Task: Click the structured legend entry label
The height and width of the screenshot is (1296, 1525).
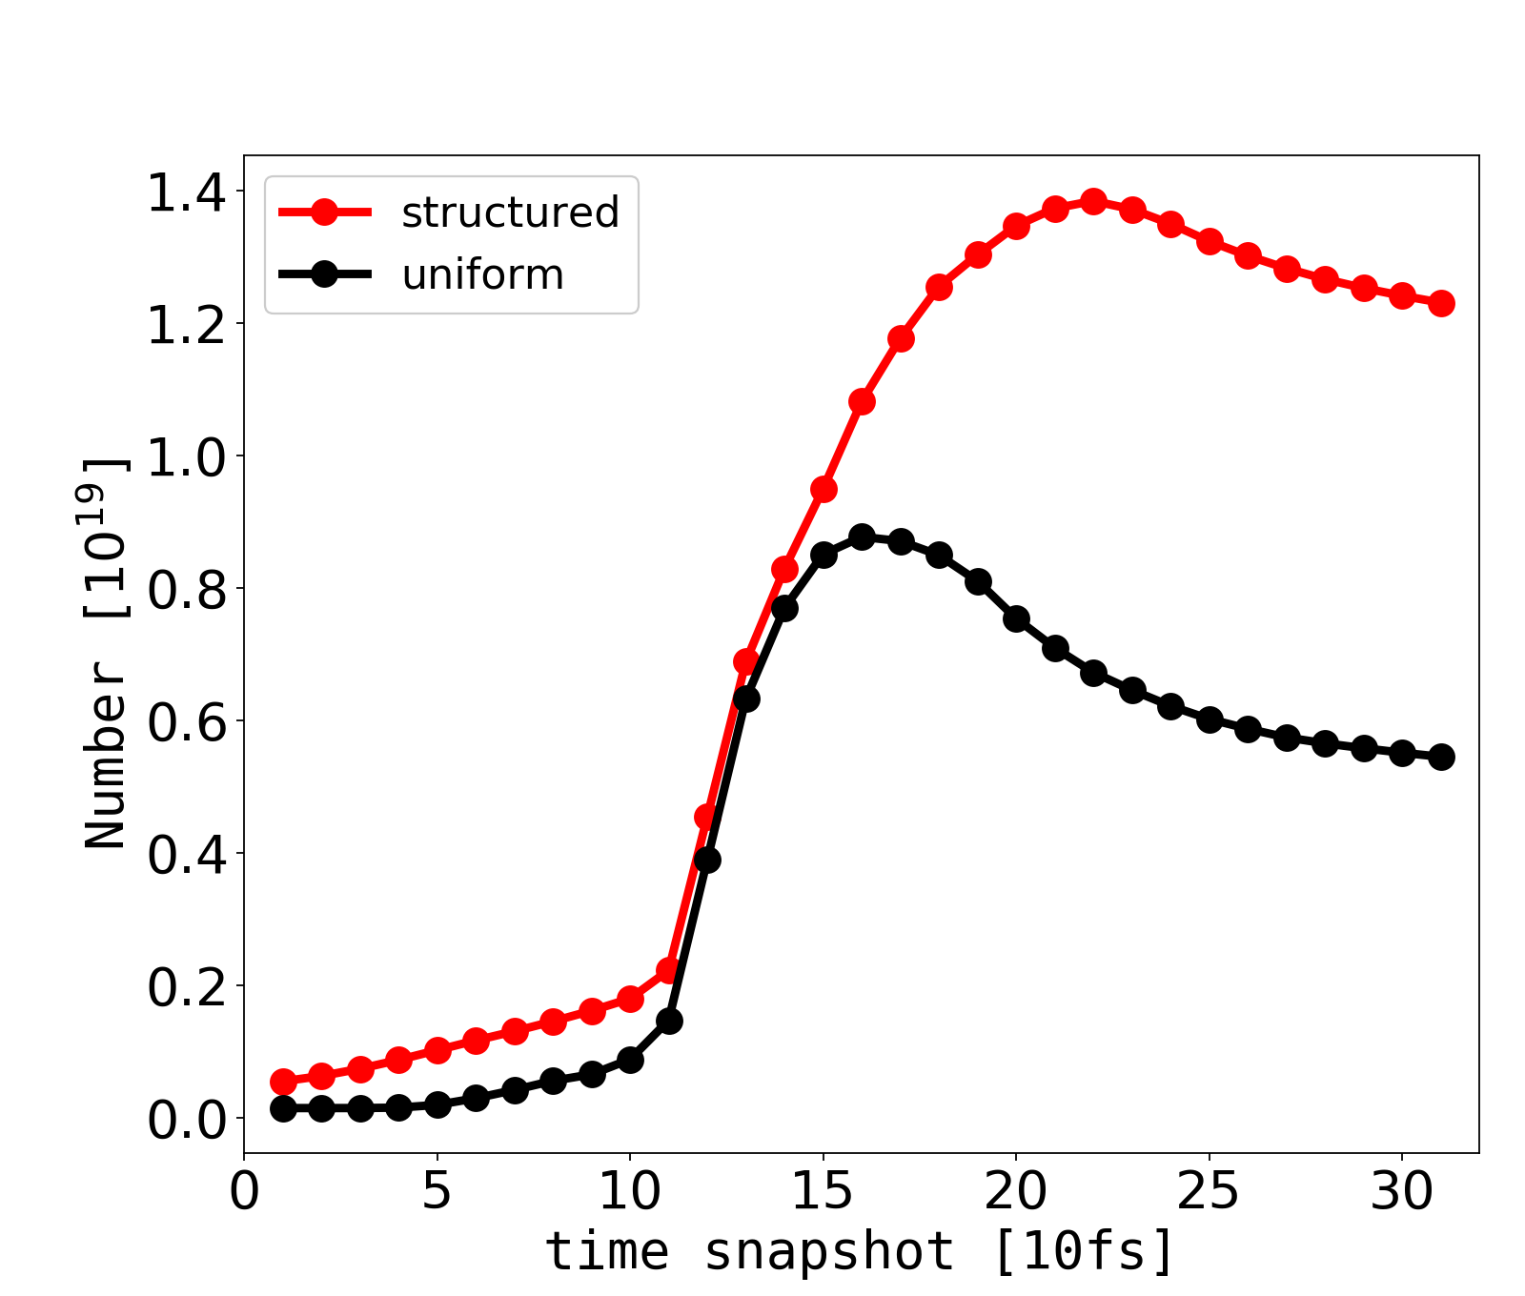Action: tap(510, 213)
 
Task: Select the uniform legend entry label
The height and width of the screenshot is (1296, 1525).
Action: tap(482, 275)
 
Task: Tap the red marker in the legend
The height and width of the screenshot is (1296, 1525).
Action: tap(324, 213)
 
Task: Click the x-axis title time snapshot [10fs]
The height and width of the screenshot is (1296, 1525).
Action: tap(861, 1250)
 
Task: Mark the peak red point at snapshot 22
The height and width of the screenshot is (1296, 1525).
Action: tap(1093, 202)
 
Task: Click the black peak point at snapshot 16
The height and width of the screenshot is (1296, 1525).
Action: tap(862, 537)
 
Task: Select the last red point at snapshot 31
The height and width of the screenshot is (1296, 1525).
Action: tap(1441, 304)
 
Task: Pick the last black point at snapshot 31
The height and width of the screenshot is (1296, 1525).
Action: tap(1441, 758)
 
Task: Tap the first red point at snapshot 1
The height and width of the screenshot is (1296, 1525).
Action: tap(283, 1082)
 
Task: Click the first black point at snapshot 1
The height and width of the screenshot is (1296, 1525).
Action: tap(283, 1108)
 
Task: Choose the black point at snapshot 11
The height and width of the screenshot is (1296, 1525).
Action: tap(669, 1022)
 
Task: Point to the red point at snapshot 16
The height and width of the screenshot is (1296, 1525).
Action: tap(862, 402)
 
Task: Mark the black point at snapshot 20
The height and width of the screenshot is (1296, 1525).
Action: tap(1016, 618)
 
